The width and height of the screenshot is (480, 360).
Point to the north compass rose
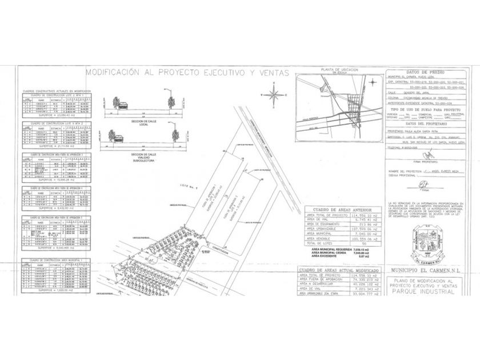[274, 94]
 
